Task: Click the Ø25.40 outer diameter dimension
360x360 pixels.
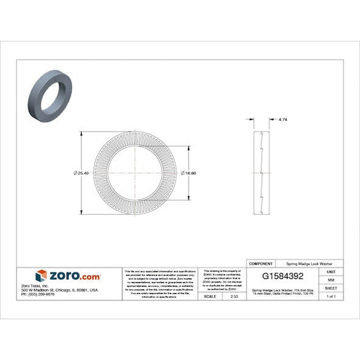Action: tap(81, 173)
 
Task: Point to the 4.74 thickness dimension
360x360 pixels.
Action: tap(282, 120)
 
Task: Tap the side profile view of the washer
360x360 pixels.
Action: tap(260, 173)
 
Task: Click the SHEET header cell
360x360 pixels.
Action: tap(331, 288)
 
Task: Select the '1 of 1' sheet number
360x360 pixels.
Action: tap(331, 296)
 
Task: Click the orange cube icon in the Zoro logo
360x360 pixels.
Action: tap(41, 275)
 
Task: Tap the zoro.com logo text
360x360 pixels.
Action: tap(74, 276)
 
